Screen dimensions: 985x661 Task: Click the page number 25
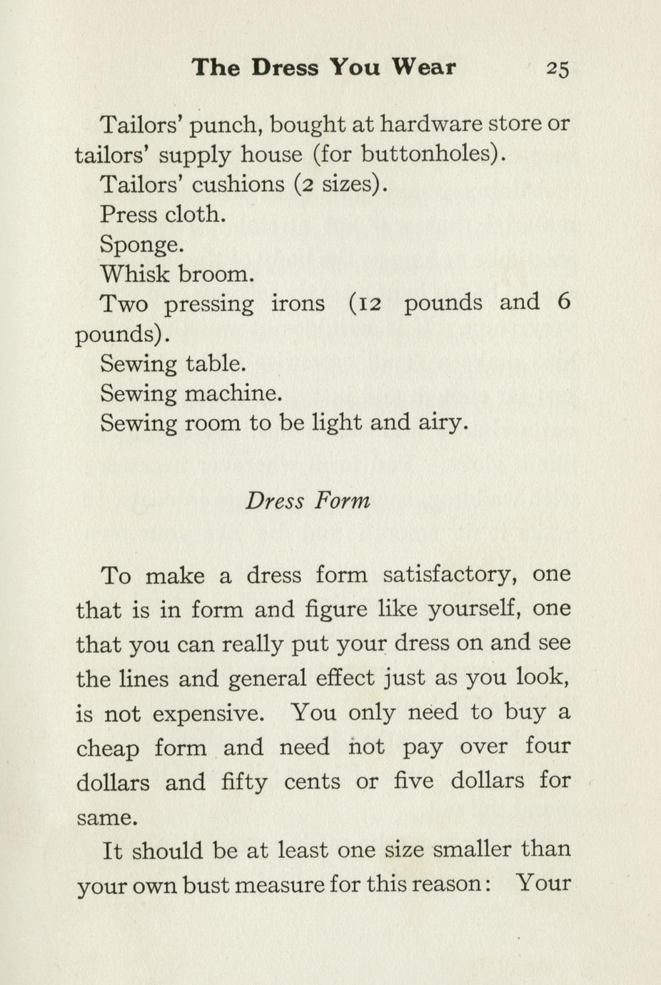pyautogui.click(x=557, y=69)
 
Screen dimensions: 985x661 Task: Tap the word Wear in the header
pyautogui.click(x=423, y=67)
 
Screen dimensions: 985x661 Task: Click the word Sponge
pyautogui.click(x=141, y=245)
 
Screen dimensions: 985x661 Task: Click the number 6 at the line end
pyautogui.click(x=564, y=303)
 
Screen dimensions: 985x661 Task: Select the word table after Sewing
pyautogui.click(x=216, y=364)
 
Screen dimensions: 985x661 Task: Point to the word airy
pyautogui.click(x=443, y=424)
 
